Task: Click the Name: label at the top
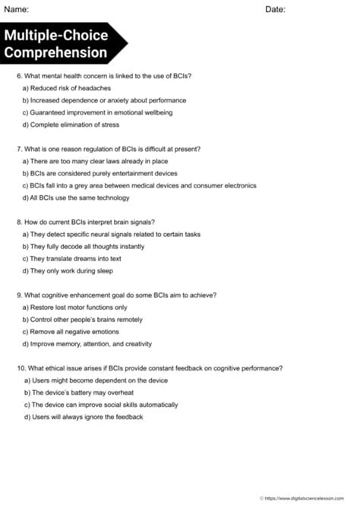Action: point(17,9)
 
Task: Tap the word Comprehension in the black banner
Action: point(55,52)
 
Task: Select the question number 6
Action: point(19,76)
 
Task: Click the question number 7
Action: point(19,149)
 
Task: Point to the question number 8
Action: point(19,222)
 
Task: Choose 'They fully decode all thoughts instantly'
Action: point(84,246)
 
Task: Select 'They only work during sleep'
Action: point(68,270)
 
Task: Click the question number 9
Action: point(19,295)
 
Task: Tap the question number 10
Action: point(21,368)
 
